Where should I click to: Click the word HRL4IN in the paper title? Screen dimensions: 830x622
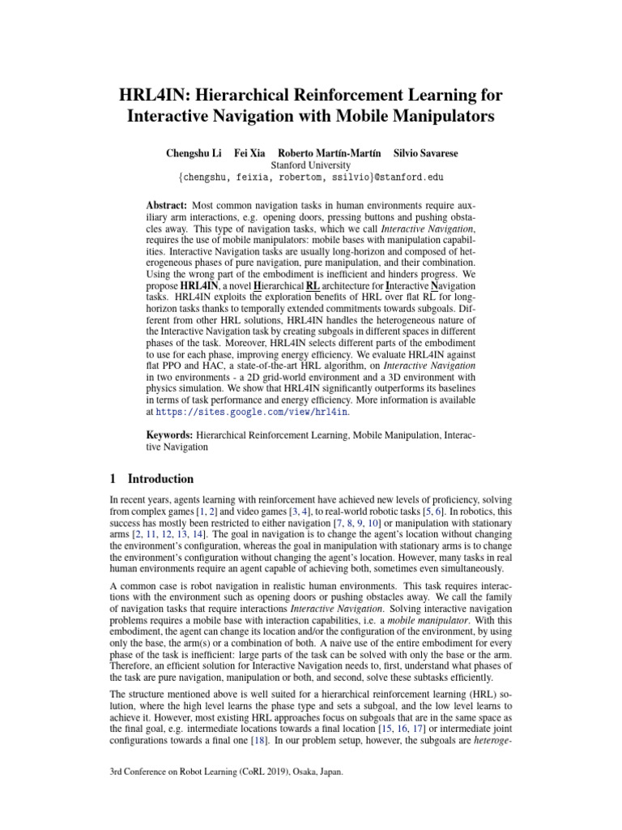[151, 96]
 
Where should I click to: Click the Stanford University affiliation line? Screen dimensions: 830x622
[310, 165]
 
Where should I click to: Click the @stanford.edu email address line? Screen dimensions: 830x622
[310, 177]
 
